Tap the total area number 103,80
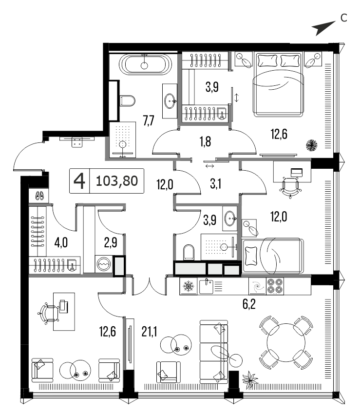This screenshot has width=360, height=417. (117, 181)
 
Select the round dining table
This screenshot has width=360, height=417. (286, 342)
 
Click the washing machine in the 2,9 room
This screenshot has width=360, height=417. (104, 264)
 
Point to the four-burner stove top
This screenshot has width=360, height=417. (275, 286)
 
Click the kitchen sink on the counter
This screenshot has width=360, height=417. (207, 286)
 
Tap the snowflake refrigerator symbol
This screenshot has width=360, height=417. (188, 286)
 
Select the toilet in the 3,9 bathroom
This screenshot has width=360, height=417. (189, 252)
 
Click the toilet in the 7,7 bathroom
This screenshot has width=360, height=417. (128, 100)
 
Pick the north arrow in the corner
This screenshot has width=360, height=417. (323, 28)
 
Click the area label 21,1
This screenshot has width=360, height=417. (150, 332)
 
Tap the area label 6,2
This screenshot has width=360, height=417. (249, 304)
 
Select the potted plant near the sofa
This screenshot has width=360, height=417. (250, 379)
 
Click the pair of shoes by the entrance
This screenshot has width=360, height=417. (40, 196)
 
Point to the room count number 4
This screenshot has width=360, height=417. (79, 181)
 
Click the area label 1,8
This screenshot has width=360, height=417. (206, 141)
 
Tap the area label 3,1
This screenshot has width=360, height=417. (215, 184)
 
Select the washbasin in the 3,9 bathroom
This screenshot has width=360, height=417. (230, 218)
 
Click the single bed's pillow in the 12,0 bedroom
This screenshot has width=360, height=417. (251, 256)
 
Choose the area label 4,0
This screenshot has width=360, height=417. (61, 242)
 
